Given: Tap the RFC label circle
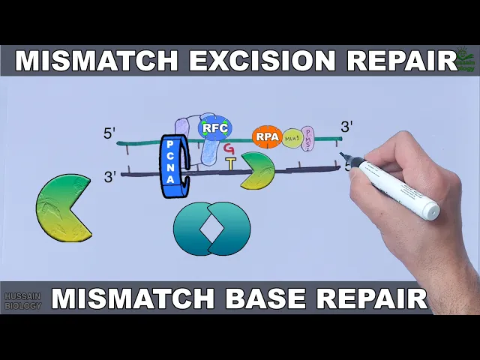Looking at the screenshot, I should click(214, 128).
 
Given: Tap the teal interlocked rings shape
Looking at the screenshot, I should click(211, 228).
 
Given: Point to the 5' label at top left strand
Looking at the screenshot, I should click(110, 133).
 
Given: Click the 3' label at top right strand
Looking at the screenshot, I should click(346, 127).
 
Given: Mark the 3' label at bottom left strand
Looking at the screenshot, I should click(110, 177).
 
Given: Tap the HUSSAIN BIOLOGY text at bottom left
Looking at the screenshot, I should click(22, 301).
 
